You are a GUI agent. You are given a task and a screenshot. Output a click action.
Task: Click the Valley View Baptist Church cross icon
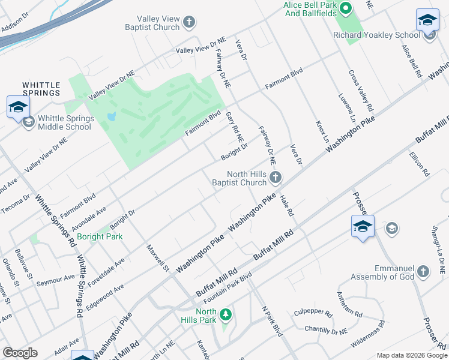tap(189, 23)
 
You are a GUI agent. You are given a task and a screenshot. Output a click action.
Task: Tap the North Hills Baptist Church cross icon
tap(276, 176)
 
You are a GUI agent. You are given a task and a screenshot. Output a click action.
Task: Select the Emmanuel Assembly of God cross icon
tap(423, 271)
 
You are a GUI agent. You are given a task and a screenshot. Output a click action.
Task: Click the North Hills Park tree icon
tap(225, 314)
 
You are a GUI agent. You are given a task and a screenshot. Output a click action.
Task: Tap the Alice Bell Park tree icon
tap(345, 8)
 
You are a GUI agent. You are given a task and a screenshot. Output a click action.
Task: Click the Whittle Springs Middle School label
tap(65, 122)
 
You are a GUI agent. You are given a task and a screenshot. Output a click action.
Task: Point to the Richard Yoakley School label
tap(376, 35)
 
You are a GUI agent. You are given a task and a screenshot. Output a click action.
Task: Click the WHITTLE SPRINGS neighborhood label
tap(41, 89)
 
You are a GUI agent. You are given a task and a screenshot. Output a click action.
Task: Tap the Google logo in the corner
tap(20, 352)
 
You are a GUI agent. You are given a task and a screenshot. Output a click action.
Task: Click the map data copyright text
tap(411, 355)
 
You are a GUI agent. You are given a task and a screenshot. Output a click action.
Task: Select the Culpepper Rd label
tap(313, 313)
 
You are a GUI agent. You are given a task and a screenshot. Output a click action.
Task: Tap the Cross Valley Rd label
tap(361, 90)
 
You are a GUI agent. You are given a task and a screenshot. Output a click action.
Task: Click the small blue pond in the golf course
tap(110, 116)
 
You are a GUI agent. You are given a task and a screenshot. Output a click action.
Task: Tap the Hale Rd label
tap(286, 206)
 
